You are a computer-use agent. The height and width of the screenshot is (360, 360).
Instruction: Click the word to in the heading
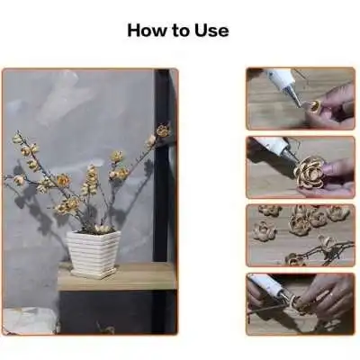coord(180,31)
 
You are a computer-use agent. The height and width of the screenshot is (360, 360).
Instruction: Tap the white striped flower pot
coord(93,251)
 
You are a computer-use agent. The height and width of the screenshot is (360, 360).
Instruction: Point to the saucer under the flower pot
coord(94,274)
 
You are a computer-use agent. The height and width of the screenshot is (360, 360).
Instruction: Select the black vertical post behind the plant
coord(162,165)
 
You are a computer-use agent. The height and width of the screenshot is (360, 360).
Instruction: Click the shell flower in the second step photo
coord(309,172)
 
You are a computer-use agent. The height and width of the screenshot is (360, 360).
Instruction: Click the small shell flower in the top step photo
coord(314,106)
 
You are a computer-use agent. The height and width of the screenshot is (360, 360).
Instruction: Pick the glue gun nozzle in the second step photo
coord(290,155)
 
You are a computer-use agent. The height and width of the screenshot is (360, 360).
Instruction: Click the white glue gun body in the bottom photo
coord(265,285)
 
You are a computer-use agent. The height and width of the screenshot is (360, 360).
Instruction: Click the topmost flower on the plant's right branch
coord(163,130)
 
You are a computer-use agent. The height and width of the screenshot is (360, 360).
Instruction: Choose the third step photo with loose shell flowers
coord(301,236)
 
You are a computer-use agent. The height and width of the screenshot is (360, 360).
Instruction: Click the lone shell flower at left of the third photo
coord(264,230)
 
